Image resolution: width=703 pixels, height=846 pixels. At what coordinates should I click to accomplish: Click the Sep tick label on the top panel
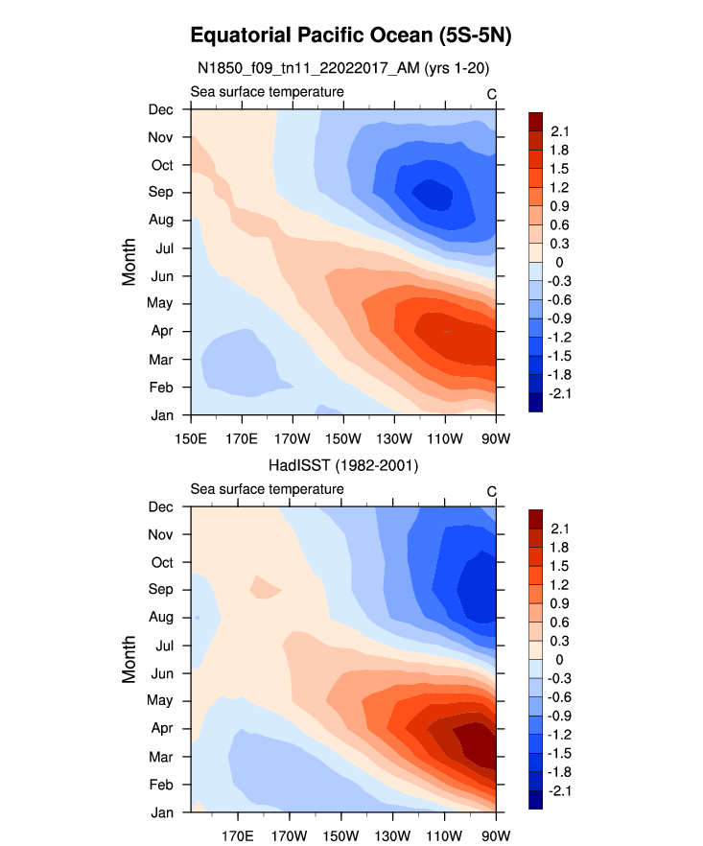click(161, 192)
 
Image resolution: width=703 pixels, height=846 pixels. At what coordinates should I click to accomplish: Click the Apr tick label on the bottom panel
click(161, 728)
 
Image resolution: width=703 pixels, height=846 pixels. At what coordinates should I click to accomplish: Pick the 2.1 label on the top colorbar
click(559, 131)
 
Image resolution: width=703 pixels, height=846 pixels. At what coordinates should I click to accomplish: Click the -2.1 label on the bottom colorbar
click(561, 790)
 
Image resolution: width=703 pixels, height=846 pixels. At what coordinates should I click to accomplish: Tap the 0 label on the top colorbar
click(552, 262)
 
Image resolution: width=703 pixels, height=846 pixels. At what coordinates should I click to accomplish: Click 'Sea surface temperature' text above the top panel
click(267, 92)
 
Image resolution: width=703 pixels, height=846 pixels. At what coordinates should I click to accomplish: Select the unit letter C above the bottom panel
click(491, 492)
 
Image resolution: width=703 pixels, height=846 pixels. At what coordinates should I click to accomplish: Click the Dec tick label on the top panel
click(161, 109)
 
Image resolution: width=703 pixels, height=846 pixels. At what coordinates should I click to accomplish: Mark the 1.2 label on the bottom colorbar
click(559, 584)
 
